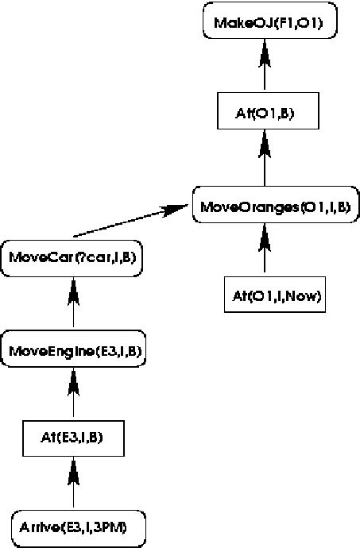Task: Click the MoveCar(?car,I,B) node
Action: point(72,258)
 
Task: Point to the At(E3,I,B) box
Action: point(73,436)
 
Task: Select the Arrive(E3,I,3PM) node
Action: point(73,525)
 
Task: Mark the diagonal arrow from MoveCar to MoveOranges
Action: point(127,222)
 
